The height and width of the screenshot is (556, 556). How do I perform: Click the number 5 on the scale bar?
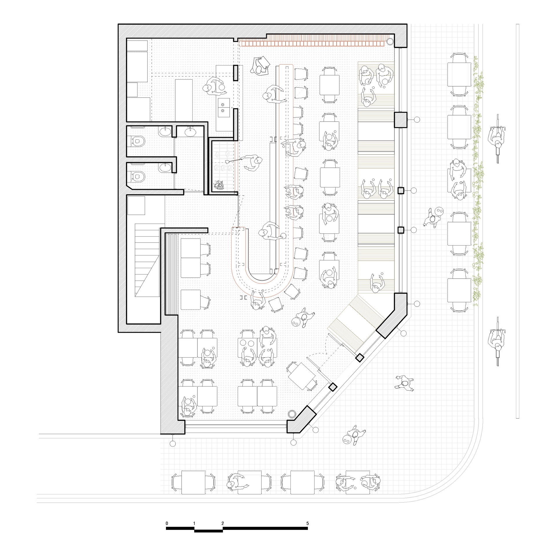[x=308, y=523]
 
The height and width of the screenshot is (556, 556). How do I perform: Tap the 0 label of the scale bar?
[x=167, y=523]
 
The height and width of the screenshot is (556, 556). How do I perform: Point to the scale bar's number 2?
[x=222, y=523]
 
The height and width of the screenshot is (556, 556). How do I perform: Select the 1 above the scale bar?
[x=194, y=523]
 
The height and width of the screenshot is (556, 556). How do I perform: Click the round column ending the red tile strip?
[x=390, y=42]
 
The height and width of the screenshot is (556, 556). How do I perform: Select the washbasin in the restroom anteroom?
[x=190, y=132]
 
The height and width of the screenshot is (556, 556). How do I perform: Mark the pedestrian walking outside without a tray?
[x=405, y=383]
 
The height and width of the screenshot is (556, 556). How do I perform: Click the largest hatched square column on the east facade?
[x=400, y=120]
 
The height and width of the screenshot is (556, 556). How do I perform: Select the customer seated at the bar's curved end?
[x=258, y=300]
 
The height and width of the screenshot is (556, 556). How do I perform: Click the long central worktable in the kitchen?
[x=184, y=100]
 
